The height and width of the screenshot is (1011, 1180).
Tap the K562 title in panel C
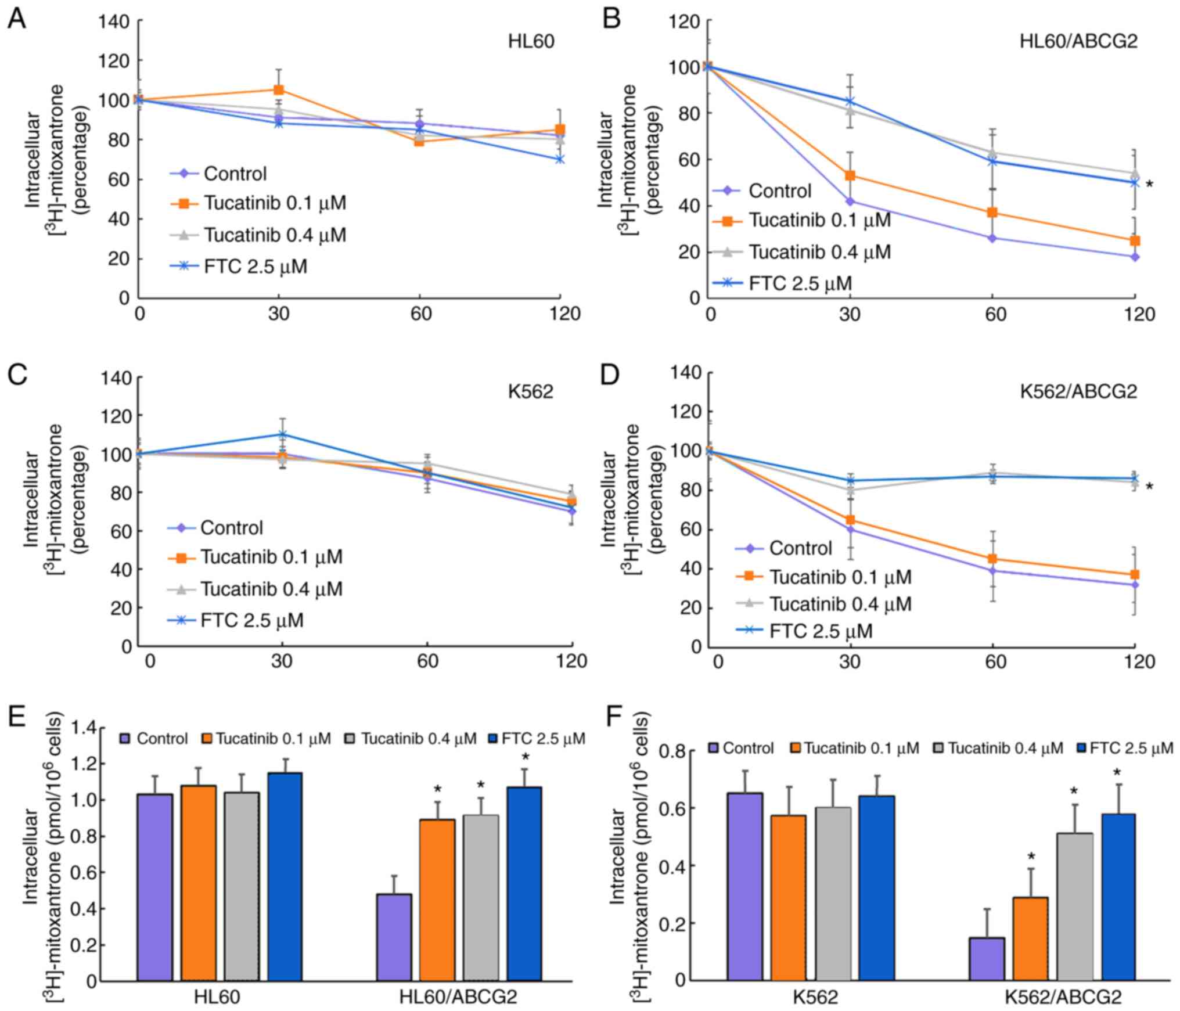530,391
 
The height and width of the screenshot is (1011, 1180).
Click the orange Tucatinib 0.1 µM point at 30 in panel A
279,90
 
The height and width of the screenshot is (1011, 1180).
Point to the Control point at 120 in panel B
1135,257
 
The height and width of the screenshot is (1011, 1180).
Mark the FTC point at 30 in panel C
282,434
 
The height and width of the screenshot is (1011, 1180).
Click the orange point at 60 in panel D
992,559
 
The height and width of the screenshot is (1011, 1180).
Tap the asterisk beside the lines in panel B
1149,185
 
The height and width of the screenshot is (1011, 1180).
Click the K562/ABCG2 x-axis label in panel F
1063,997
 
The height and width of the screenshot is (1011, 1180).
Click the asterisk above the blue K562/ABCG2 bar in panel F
1117,773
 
